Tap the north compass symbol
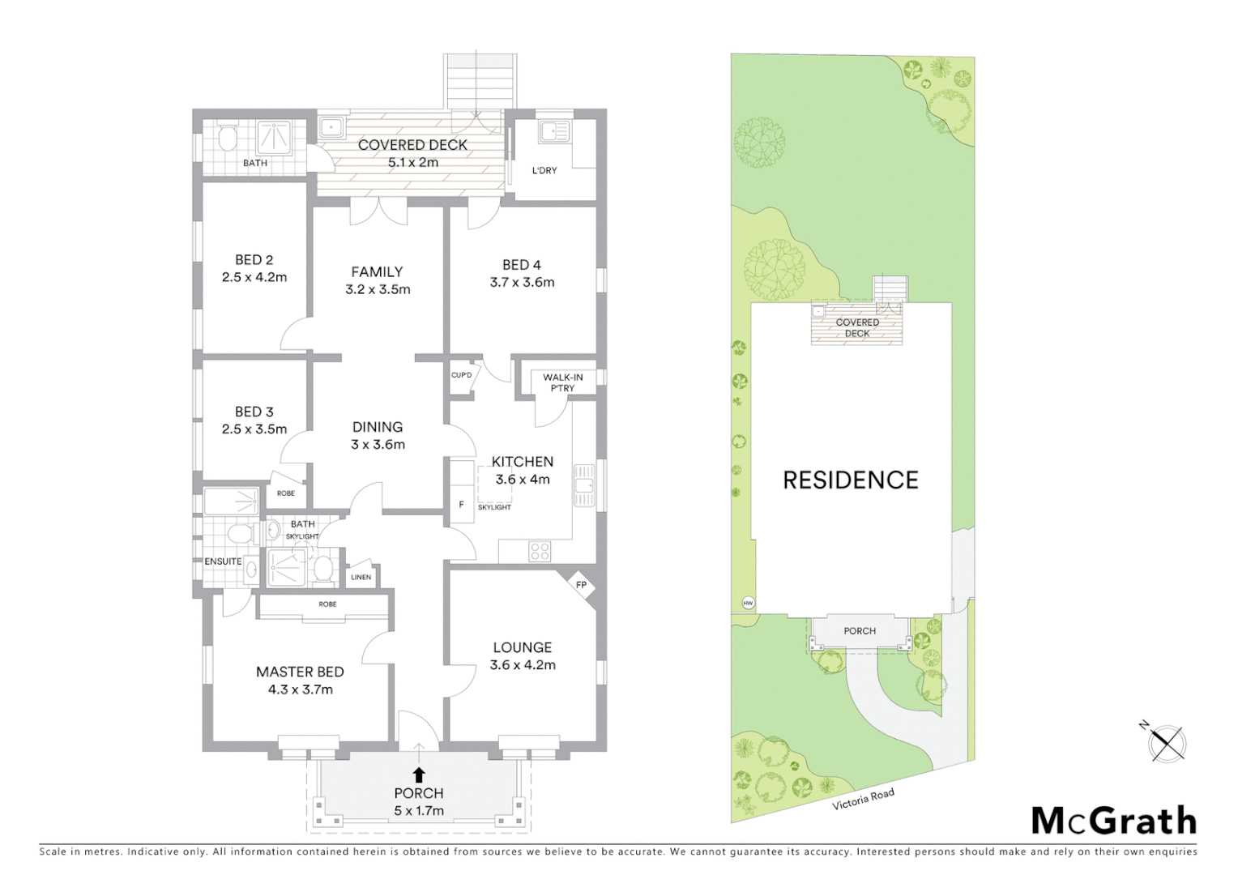click(x=1167, y=742)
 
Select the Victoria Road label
click(x=863, y=799)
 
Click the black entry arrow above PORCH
click(x=419, y=774)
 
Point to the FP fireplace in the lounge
click(x=581, y=585)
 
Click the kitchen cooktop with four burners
click(x=540, y=552)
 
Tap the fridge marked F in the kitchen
click(x=462, y=505)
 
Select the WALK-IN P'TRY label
click(x=562, y=382)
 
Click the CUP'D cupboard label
click(x=462, y=375)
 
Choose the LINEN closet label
click(x=361, y=577)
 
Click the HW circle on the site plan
click(x=747, y=603)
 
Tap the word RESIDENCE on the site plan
click(x=850, y=480)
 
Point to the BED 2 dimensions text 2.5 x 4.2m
click(x=254, y=277)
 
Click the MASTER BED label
click(x=300, y=672)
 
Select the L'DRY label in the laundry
click(x=544, y=170)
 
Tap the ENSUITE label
click(x=223, y=561)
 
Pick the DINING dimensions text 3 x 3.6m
click(x=378, y=444)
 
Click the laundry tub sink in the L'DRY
click(x=555, y=131)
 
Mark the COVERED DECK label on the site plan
click(x=857, y=328)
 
